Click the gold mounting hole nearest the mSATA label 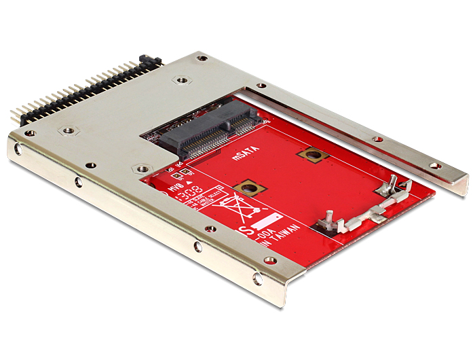(x=312, y=155)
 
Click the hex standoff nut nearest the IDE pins (x=67, y=128)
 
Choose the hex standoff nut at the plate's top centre (x=180, y=80)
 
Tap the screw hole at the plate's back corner (x=202, y=58)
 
